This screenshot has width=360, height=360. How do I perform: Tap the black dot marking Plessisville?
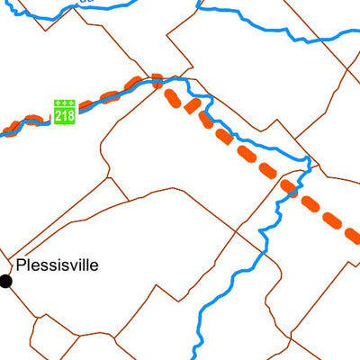click(5, 281)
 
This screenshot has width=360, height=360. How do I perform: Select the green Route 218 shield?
click(65, 112)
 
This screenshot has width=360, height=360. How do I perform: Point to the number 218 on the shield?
click(65, 116)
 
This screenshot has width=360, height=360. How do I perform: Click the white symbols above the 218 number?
click(65, 104)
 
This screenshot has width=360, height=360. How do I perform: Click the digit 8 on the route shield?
click(70, 116)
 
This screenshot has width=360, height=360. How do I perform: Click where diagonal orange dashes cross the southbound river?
click(289, 186)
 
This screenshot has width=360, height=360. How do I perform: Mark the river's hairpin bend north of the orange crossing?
click(308, 162)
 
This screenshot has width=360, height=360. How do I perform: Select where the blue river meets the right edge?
click(357, 33)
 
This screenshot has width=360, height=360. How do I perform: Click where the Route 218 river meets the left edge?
click(2, 133)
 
